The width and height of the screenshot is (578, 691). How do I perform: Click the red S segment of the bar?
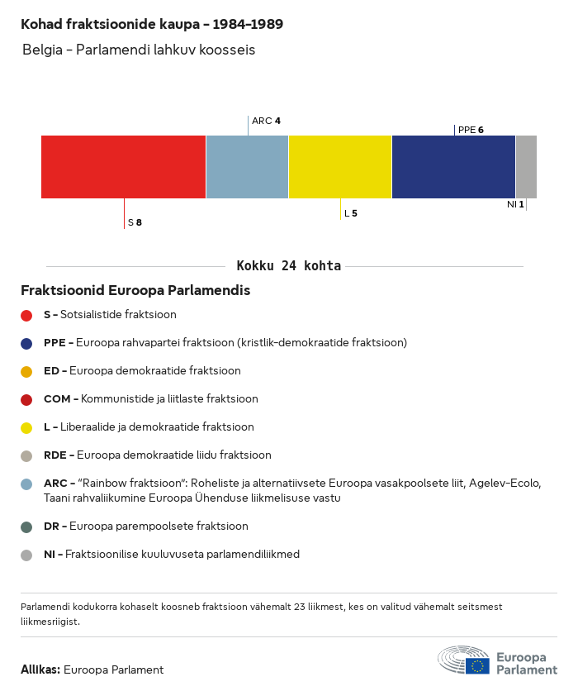(x=123, y=166)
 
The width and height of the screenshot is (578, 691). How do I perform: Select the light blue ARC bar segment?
(x=247, y=166)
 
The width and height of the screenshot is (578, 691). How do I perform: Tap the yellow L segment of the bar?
(x=340, y=166)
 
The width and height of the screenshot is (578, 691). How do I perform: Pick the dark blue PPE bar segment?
(x=453, y=166)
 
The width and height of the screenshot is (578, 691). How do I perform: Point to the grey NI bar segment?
(x=526, y=166)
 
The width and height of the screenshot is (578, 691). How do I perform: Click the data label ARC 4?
(x=266, y=121)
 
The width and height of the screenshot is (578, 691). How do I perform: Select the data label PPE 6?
(x=471, y=130)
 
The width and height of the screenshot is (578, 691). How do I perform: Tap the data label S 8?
(x=135, y=222)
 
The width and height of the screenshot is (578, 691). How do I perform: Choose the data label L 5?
(x=351, y=213)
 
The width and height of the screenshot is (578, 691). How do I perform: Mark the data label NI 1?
(x=515, y=204)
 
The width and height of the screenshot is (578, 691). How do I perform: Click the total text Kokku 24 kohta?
(x=289, y=266)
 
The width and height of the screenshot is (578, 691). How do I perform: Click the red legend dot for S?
(x=26, y=315)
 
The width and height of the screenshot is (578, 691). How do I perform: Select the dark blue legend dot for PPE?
(x=26, y=343)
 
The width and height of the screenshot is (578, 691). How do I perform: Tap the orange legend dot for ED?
(x=26, y=371)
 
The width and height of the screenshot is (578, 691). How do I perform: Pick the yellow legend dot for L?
(x=26, y=427)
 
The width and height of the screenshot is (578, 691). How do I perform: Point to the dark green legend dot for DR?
(x=26, y=527)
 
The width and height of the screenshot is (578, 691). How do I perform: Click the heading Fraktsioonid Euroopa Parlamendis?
(x=135, y=291)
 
